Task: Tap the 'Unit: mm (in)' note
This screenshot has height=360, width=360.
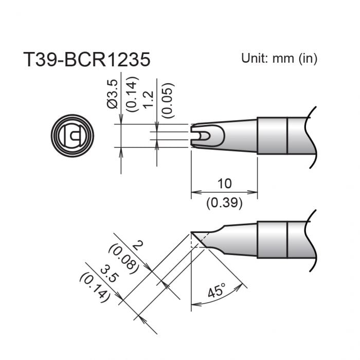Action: click(279, 58)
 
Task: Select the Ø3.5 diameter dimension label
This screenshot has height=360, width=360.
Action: click(114, 94)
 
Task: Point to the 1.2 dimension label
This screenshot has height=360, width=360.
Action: click(149, 98)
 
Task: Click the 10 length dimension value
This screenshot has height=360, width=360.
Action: click(224, 183)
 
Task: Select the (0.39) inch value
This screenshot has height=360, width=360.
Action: click(224, 202)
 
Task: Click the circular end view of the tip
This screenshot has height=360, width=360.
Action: click(73, 136)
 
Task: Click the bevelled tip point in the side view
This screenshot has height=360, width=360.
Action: click(192, 232)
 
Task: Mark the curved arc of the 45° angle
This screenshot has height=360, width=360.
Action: click(221, 300)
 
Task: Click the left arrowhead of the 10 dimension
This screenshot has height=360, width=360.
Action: click(194, 193)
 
